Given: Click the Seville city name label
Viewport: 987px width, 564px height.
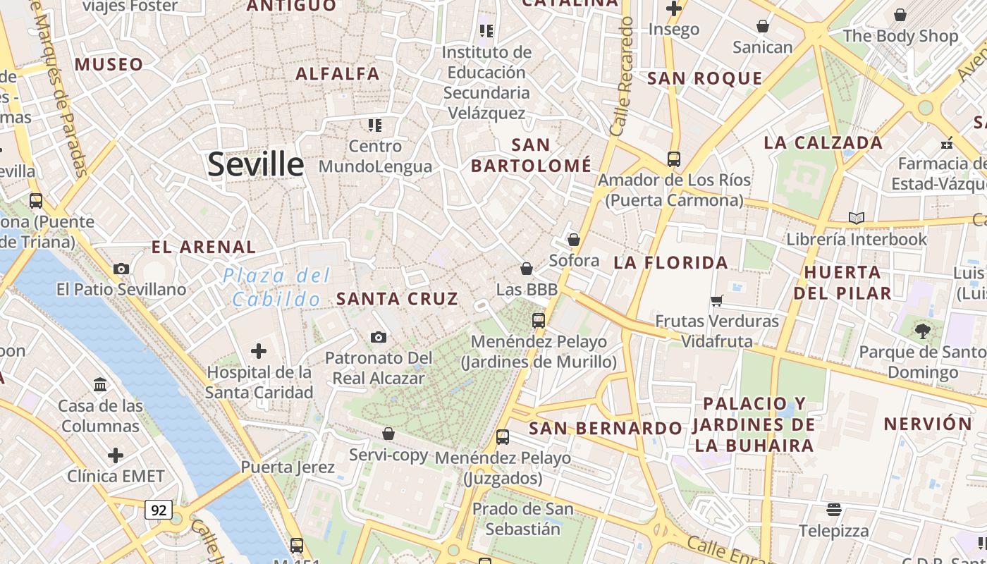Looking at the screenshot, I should tap(255, 164).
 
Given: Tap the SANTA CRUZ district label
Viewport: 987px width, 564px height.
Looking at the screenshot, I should tap(397, 299).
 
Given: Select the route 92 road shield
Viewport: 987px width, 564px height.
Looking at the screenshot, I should tap(159, 510).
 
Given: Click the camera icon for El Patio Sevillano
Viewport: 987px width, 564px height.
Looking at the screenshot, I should tap(121, 269).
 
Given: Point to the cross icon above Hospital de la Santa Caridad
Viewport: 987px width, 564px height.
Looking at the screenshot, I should tap(259, 350).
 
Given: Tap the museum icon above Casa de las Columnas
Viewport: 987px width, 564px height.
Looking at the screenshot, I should tap(100, 385).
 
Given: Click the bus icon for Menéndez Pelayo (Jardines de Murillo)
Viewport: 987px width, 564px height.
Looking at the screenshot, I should tap(539, 320).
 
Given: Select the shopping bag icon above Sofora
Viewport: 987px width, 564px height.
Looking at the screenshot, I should tap(574, 240).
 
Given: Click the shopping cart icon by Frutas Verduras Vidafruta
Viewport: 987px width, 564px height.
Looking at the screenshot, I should tap(717, 301).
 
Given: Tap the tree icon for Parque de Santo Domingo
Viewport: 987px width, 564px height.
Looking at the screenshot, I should tap(921, 331).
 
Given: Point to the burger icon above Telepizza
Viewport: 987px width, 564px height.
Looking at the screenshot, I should tap(834, 509).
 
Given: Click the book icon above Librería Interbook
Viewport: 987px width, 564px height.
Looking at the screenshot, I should tap(857, 219).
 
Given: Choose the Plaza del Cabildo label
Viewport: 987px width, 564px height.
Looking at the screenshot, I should tap(277, 287).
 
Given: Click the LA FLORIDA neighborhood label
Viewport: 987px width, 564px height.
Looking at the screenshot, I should tap(670, 263).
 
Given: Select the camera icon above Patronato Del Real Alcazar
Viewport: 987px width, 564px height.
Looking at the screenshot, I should tap(379, 337).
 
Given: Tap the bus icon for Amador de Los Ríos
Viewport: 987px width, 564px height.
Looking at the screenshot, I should tap(674, 159).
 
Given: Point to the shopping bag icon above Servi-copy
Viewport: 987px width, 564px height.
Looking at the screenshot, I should tap(388, 434).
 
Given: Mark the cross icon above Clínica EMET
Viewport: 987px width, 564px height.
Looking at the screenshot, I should tap(116, 455).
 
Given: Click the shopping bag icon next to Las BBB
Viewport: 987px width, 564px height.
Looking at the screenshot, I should tap(526, 269).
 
